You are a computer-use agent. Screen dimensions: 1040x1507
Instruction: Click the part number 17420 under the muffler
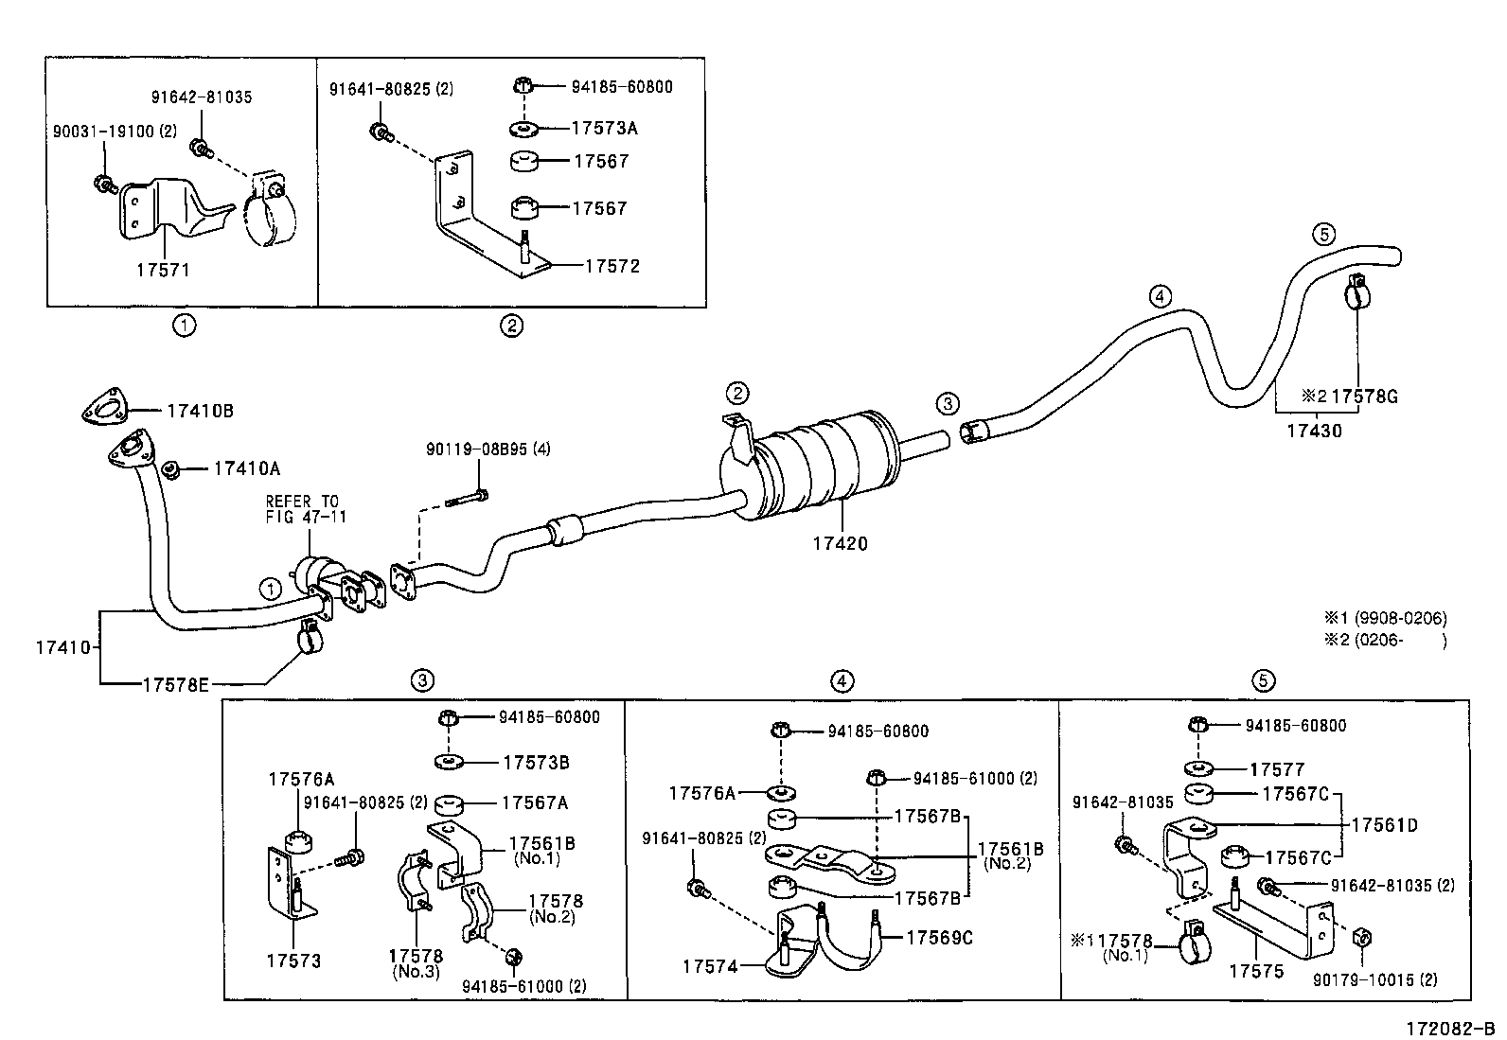[839, 544]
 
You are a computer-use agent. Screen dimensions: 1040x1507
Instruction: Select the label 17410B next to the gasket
[200, 411]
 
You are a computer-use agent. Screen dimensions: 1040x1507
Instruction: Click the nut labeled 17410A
[172, 468]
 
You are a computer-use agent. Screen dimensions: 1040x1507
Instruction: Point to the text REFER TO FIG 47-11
[302, 509]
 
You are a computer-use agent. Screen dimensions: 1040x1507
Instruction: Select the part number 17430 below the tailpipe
[1313, 431]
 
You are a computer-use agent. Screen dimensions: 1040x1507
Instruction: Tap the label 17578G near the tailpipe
[1364, 397]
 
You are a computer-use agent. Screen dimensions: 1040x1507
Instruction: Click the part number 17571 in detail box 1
[163, 270]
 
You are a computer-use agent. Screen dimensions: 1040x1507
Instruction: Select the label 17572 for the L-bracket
[612, 266]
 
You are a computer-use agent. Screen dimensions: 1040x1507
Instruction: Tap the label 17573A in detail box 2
[605, 128]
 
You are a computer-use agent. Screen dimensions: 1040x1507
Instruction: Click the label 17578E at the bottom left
[175, 683]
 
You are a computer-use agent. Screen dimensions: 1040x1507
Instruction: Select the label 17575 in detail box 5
[1256, 971]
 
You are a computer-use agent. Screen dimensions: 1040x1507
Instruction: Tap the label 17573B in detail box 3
[535, 762]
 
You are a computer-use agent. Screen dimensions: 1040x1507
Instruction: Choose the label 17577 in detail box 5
[1277, 769]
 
